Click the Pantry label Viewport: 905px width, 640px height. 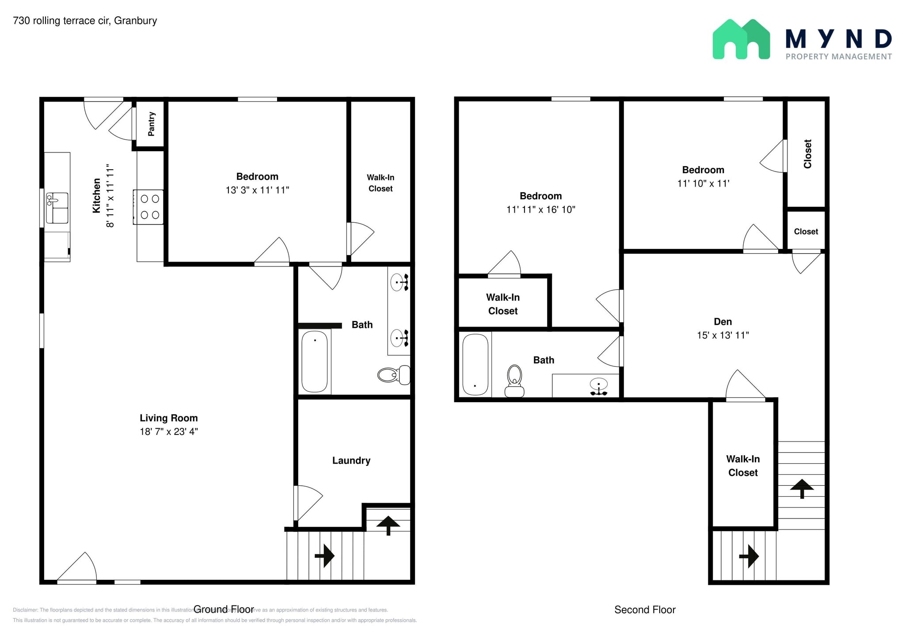(x=152, y=124)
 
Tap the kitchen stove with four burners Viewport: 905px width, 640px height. (x=149, y=207)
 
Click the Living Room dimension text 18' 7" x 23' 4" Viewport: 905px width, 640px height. (x=169, y=431)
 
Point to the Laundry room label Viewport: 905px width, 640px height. (x=351, y=461)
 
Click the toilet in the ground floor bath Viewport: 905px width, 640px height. (x=394, y=375)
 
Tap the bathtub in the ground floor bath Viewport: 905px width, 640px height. (x=315, y=361)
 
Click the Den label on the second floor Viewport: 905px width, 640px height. (x=722, y=322)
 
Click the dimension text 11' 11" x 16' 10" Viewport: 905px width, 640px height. (x=540, y=210)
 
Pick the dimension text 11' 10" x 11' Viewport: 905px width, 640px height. (x=703, y=183)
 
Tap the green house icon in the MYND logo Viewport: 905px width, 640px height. (x=741, y=39)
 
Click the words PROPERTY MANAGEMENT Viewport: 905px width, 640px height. (x=838, y=57)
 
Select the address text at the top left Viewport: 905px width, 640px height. (x=85, y=21)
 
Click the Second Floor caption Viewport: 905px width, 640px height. (x=645, y=610)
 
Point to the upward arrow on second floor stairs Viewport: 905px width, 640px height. (x=802, y=488)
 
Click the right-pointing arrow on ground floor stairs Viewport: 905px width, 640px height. (x=325, y=556)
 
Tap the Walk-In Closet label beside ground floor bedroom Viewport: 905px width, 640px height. (x=380, y=183)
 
